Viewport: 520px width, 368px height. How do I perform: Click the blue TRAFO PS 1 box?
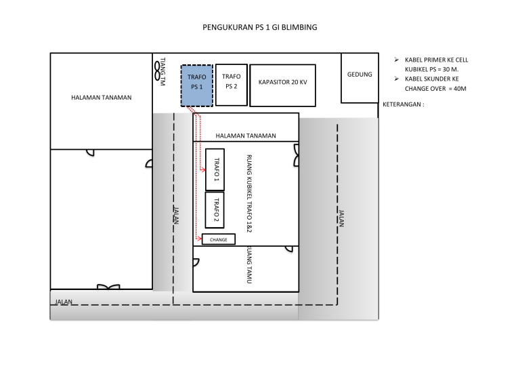tap(197, 85)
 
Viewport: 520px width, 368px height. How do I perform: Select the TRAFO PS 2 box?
tap(232, 85)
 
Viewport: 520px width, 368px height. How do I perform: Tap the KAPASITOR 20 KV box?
tap(282, 85)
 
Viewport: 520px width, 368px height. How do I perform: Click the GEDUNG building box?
tap(360, 78)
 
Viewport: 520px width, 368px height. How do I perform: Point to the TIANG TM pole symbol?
tap(157, 71)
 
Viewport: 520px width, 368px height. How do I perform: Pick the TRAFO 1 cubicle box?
tap(215, 169)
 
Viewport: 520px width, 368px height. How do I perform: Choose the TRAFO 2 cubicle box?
tap(215, 210)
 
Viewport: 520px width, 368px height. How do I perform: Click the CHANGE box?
tap(219, 239)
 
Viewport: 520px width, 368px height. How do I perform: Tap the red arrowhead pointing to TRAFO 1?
tap(203, 170)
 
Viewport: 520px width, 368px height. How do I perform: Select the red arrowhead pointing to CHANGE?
tap(199, 239)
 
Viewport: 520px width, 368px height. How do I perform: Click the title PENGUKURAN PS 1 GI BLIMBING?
tap(260, 27)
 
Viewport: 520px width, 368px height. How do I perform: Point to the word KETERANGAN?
tap(402, 104)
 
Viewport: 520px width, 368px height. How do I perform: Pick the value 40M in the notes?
tap(460, 89)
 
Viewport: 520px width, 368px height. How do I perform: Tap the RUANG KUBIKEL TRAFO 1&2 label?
tap(249, 193)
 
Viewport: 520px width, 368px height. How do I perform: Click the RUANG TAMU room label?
tap(249, 265)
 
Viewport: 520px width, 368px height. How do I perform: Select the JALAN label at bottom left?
tap(64, 302)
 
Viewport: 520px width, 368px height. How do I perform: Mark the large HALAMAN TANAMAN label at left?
tap(101, 98)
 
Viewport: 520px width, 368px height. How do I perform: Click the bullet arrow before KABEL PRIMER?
tap(396, 60)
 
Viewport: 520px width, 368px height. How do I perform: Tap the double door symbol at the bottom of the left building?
tap(108, 287)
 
